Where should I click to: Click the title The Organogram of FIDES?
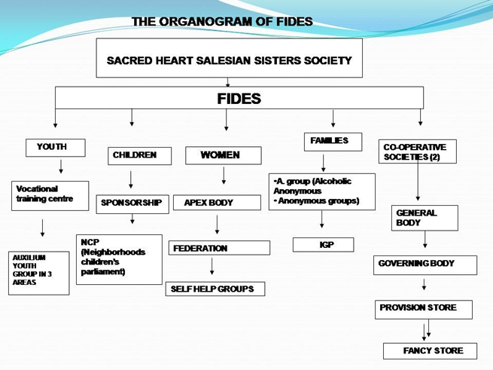point(222,21)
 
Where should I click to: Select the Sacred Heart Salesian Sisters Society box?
point(230,58)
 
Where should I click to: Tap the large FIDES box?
point(239,98)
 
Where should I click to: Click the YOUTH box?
point(56,148)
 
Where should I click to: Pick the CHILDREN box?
point(139,156)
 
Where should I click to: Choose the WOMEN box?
point(224,155)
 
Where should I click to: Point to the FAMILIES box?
point(333,142)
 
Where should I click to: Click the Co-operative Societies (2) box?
point(418,151)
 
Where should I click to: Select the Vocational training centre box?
point(50,195)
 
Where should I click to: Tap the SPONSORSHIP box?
point(132,204)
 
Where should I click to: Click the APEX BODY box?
point(217,203)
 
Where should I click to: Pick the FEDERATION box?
point(219,248)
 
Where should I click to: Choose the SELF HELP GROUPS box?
point(215,289)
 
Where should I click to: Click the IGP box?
point(323,245)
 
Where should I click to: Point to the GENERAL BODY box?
point(425,218)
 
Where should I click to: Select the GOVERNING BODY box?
point(425,265)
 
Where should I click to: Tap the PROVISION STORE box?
point(424,310)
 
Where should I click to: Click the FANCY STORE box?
point(430,351)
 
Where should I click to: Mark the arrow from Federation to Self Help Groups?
point(212,266)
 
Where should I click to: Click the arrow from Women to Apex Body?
point(224,176)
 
